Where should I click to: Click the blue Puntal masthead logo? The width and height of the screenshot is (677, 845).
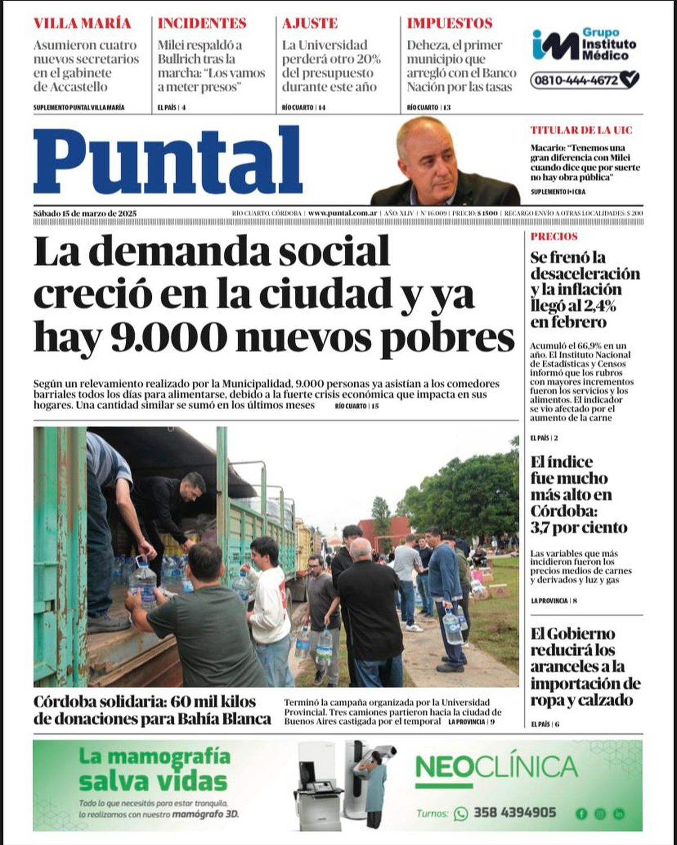click(x=168, y=161)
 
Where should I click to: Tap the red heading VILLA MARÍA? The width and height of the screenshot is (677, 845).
click(x=82, y=23)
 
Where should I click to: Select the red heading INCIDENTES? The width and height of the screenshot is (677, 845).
click(x=202, y=23)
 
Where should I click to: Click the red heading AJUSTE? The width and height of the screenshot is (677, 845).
click(x=310, y=23)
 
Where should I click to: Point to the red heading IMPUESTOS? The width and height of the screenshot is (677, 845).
click(x=450, y=23)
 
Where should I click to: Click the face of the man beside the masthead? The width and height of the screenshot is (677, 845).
click(x=429, y=158)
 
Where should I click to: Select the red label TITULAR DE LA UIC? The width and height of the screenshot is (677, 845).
click(x=581, y=130)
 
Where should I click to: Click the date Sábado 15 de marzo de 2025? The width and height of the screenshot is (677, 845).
click(x=85, y=213)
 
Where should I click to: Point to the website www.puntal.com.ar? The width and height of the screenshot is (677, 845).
click(x=342, y=213)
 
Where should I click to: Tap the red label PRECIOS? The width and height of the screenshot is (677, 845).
click(x=554, y=237)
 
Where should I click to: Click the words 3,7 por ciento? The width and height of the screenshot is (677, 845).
click(x=578, y=528)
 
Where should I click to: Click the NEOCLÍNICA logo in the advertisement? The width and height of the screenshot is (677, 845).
click(x=496, y=768)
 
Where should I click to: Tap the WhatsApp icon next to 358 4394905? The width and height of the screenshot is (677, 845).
click(x=461, y=813)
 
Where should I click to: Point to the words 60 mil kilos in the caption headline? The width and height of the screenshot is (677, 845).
click(x=213, y=702)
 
